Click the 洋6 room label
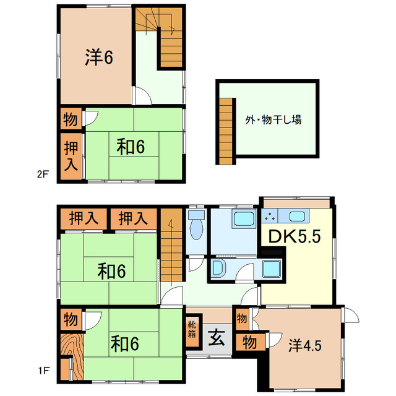tap(99, 57)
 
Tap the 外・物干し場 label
tap(273, 119)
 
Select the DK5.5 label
tap(295, 236)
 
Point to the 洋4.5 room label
tap(305, 345)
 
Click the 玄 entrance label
tap(217, 338)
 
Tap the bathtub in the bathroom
tap(243, 218)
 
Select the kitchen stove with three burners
tap(270, 216)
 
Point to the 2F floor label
tap(43, 174)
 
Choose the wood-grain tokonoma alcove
tap(72, 356)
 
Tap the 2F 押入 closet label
tap(71, 156)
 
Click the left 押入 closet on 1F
tap(84, 218)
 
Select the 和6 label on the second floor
tap(131, 147)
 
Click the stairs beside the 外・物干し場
tap(225, 131)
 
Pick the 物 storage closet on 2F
tap(70, 119)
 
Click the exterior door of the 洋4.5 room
tap(351, 315)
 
